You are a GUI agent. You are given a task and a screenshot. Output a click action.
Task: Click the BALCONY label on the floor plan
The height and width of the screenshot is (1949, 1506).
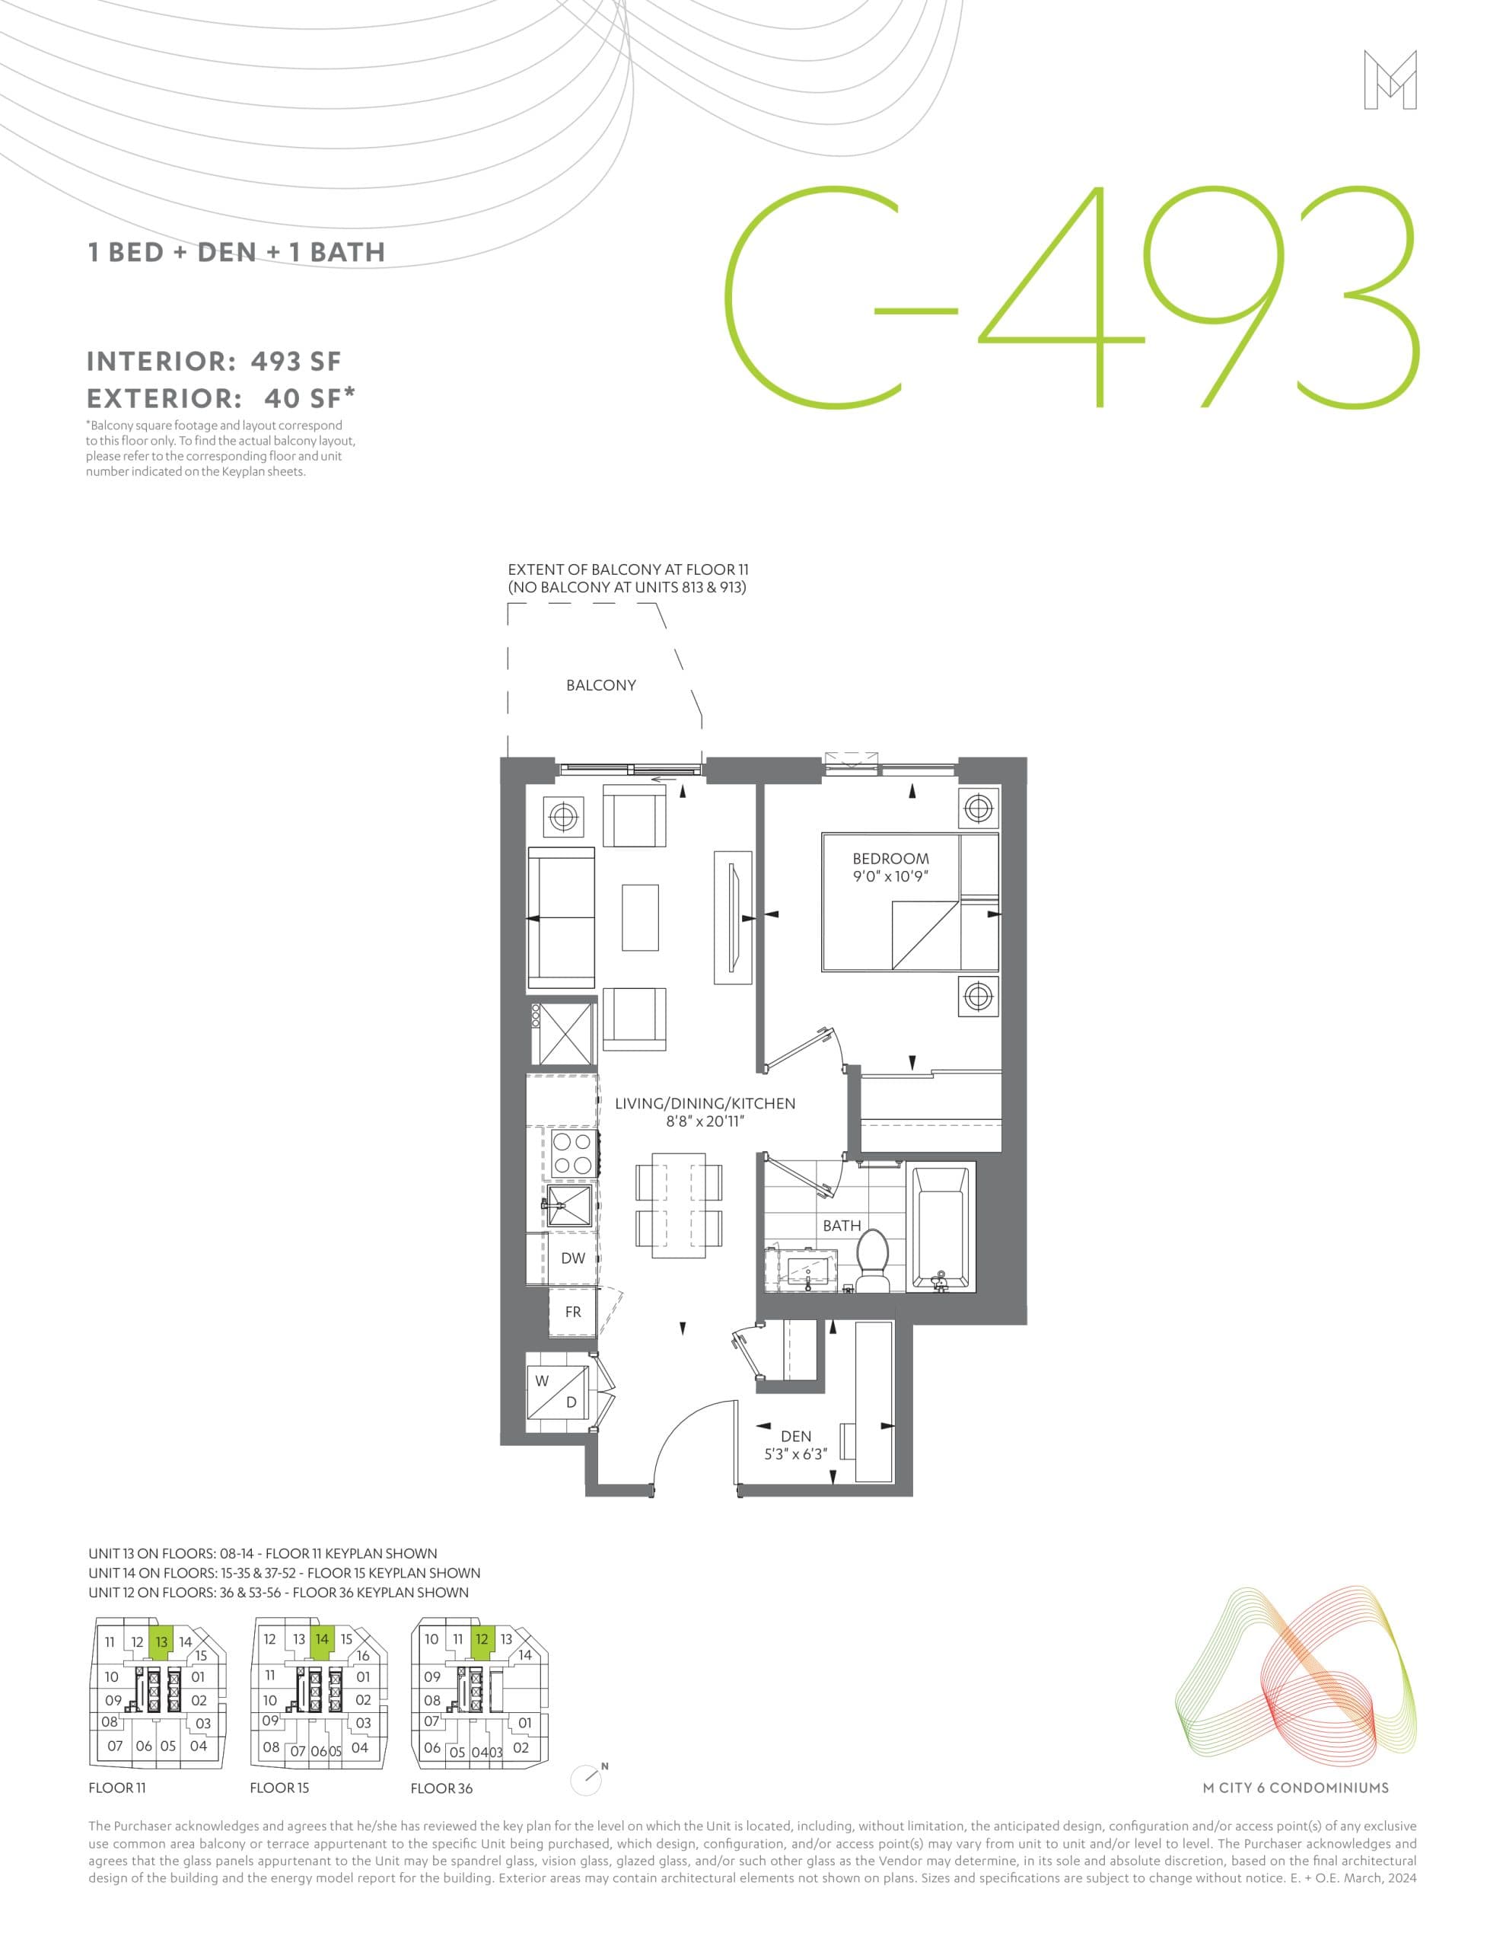600,685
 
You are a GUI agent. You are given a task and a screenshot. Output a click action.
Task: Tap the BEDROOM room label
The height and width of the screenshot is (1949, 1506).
890,859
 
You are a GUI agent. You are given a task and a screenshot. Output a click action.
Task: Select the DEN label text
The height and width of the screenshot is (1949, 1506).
796,1436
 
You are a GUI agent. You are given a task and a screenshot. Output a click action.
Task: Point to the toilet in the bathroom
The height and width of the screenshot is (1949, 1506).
871,1258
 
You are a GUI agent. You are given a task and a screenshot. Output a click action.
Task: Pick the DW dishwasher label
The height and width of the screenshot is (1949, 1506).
573,1258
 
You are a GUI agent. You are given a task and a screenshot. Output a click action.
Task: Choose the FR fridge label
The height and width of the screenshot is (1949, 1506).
573,1312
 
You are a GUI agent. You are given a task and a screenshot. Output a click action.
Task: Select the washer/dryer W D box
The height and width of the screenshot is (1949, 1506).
558,1392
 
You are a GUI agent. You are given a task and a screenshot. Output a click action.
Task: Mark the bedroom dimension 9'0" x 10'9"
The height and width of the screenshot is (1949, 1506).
890,876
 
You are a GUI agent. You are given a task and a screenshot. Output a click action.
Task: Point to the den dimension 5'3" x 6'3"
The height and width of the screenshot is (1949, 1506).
796,1453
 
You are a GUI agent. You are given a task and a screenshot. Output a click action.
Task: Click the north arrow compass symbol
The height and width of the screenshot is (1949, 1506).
587,1779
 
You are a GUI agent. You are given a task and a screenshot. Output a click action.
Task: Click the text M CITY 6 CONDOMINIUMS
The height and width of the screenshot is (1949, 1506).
1295,1788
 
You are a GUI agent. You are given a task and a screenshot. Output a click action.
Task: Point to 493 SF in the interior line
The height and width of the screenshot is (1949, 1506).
295,362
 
